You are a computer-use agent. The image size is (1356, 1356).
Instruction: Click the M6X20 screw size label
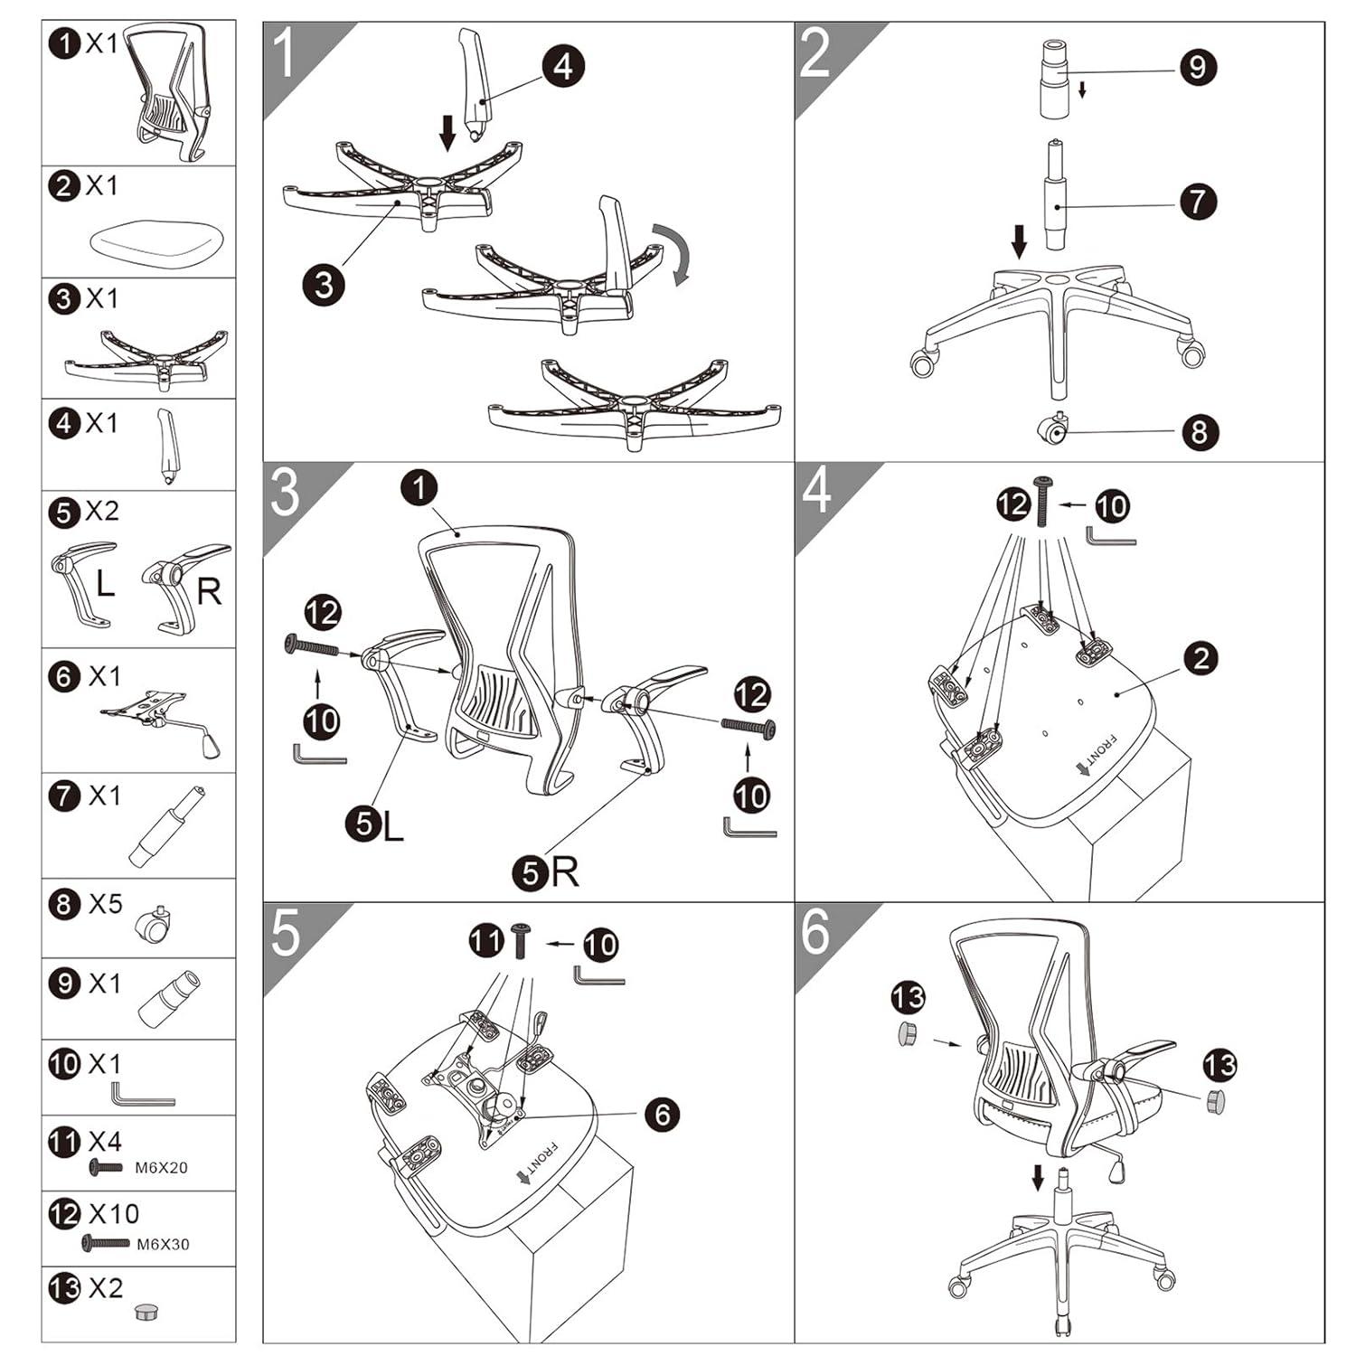coord(161,1168)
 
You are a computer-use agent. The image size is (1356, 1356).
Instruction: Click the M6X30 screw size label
coord(163,1245)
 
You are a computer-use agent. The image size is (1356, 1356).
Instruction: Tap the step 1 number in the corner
coord(286,53)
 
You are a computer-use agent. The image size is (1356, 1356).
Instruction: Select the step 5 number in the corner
coord(286,933)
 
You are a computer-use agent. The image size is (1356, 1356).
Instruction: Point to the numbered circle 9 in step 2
coord(1198,67)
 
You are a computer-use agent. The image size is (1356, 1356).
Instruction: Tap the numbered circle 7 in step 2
coord(1198,201)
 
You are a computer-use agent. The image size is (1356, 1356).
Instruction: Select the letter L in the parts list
coord(105,584)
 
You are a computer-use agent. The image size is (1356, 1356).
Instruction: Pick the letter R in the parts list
coord(209,592)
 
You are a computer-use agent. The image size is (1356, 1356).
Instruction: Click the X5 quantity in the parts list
coord(105,904)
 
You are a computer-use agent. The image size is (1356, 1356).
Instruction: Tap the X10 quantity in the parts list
coord(114,1213)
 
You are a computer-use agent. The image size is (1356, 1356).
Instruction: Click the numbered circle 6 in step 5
coord(663,1114)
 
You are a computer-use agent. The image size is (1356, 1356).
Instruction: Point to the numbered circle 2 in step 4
coord(1201,658)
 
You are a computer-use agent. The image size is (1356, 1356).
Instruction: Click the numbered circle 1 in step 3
coord(419,488)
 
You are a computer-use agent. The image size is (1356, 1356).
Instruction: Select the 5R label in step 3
coord(546,872)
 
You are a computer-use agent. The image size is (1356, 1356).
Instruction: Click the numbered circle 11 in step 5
coord(486,942)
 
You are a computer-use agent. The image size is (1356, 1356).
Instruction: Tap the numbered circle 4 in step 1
coord(563,66)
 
